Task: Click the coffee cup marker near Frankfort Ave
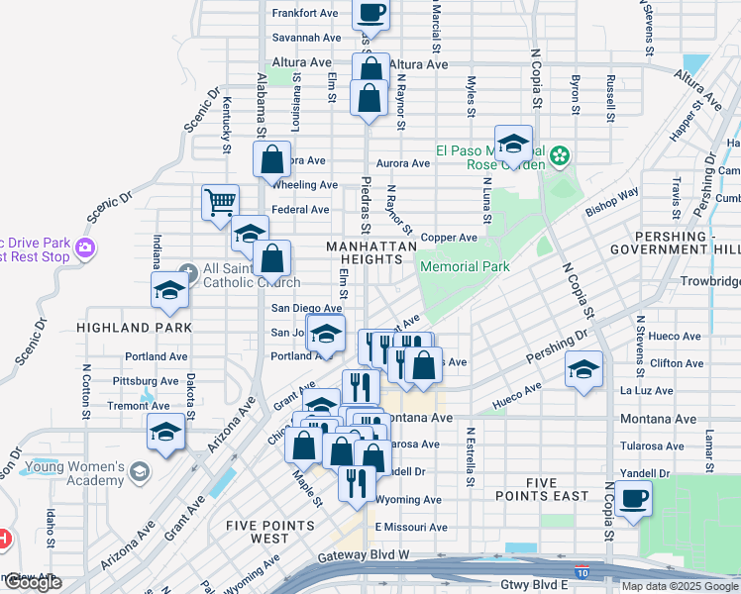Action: coord(370,13)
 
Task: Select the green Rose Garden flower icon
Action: coord(560,154)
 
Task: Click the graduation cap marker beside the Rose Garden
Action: coord(514,145)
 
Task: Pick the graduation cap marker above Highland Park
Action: coord(169,291)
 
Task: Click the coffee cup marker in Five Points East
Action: coord(633,498)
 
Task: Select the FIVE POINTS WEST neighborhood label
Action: coord(258,532)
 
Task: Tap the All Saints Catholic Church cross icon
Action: coord(189,269)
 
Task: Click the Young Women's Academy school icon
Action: coord(140,468)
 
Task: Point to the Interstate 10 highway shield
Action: coord(582,571)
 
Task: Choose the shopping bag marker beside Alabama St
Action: coord(272,158)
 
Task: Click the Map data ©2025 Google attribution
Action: coord(680,586)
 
